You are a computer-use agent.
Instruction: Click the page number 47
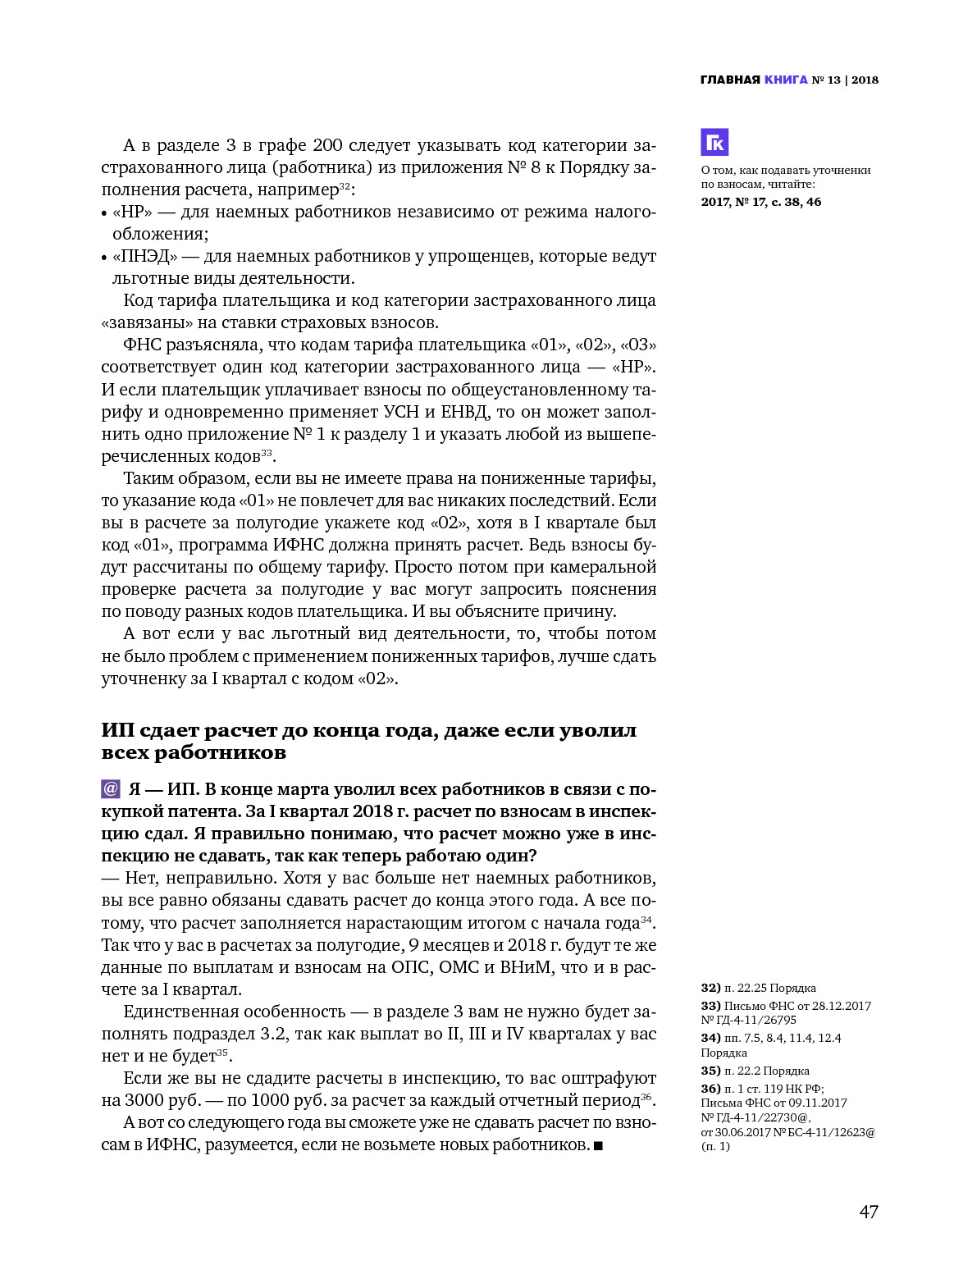coord(869,1212)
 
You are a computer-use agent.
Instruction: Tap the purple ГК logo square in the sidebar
coord(714,143)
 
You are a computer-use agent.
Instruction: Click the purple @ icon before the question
coord(111,789)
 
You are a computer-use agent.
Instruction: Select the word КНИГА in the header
coord(786,80)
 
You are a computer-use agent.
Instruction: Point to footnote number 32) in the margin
coord(711,989)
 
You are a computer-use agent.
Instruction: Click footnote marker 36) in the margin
coord(711,1089)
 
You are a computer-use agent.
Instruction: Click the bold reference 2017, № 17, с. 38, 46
coord(760,202)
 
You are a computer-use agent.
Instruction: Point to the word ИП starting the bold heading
coord(117,731)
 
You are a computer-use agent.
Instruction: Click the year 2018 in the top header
coord(865,80)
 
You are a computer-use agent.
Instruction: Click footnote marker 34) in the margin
coord(711,1039)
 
